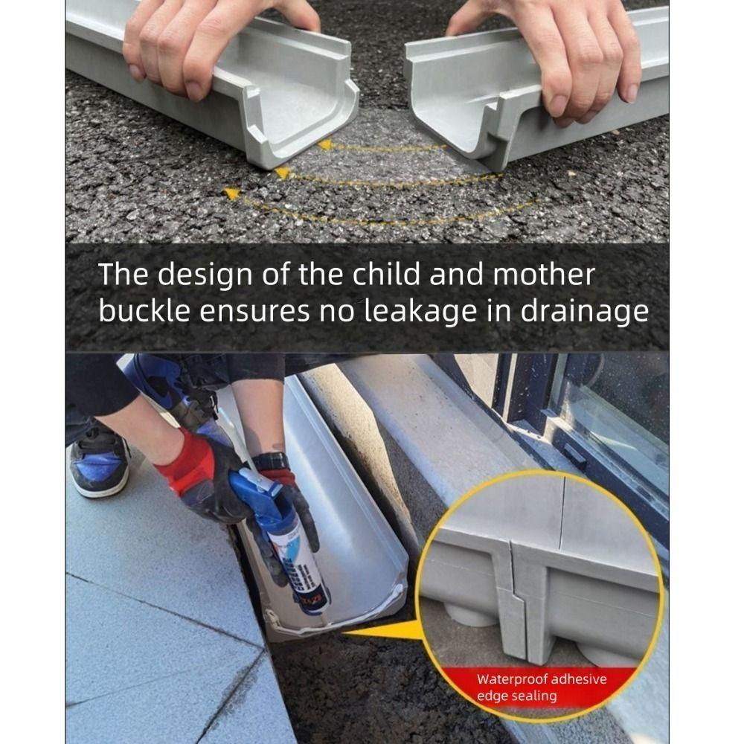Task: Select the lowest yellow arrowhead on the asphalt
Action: tap(232, 194)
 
